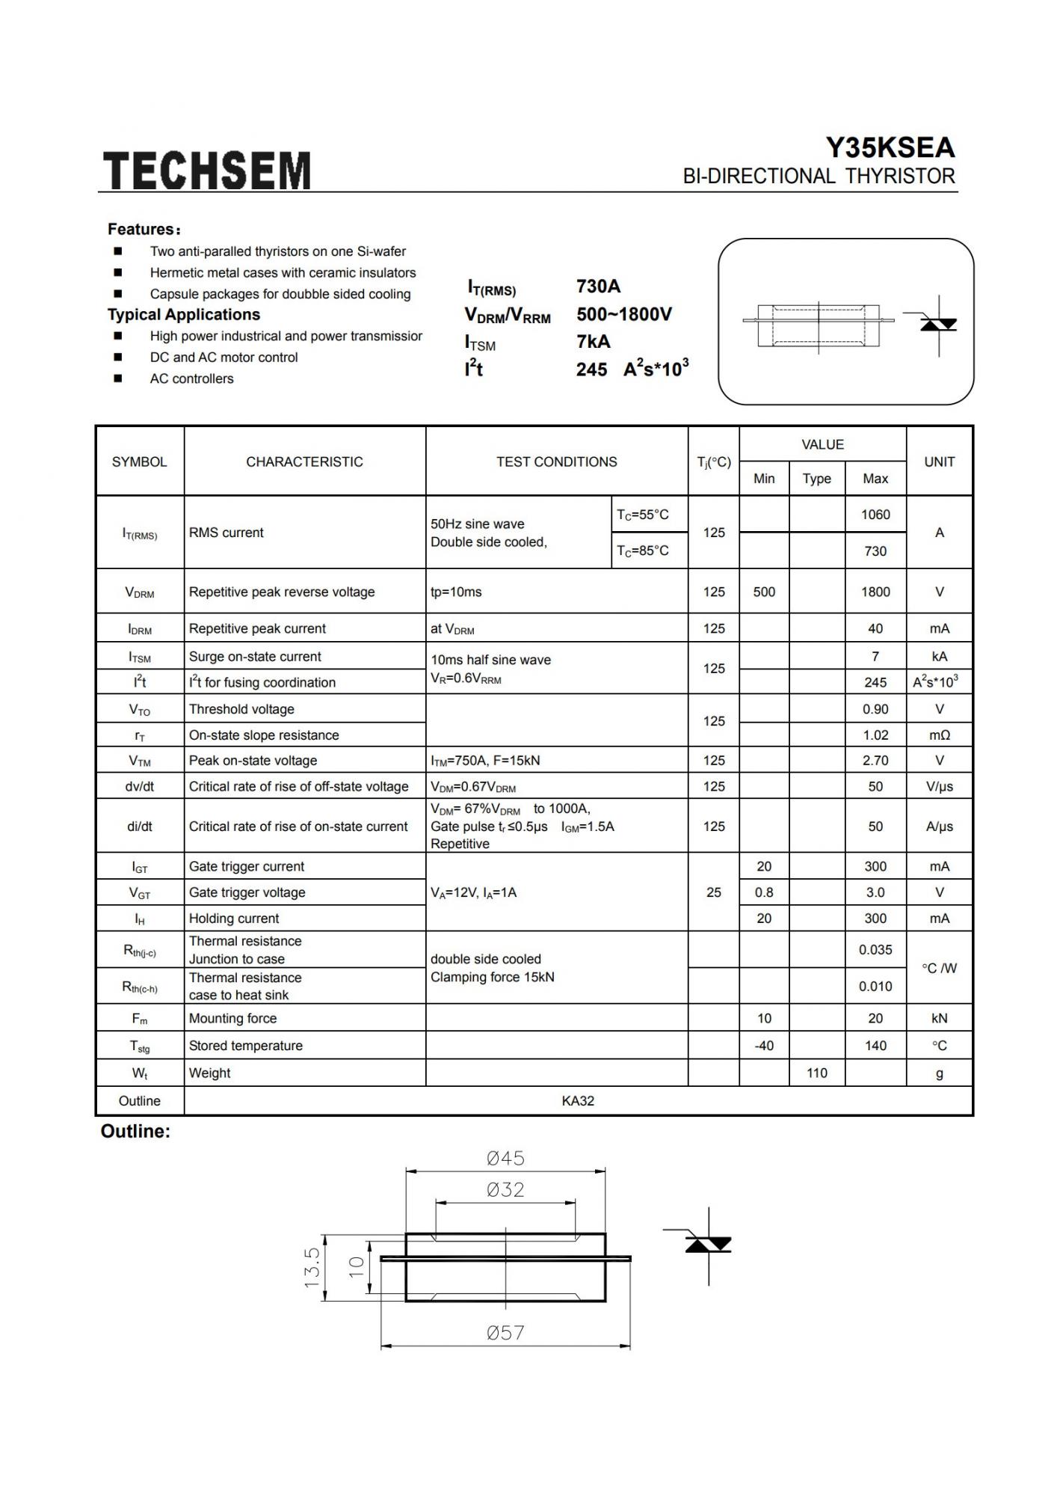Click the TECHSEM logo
pyautogui.click(x=206, y=170)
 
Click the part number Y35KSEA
pyautogui.click(x=890, y=147)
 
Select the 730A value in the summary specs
pyautogui.click(x=598, y=286)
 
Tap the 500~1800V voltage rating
pyautogui.click(x=623, y=314)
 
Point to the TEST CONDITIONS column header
pyautogui.click(x=556, y=462)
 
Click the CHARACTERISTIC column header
pyautogui.click(x=304, y=462)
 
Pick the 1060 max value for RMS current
pyautogui.click(x=875, y=515)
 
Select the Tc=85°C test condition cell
pyautogui.click(x=642, y=551)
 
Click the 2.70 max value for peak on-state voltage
pyautogui.click(x=875, y=760)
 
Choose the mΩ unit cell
pyautogui.click(x=939, y=735)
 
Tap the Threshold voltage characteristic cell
pyautogui.click(x=241, y=709)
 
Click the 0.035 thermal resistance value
pyautogui.click(x=875, y=950)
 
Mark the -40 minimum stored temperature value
pyautogui.click(x=763, y=1046)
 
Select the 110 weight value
pyautogui.click(x=816, y=1073)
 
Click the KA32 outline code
pyautogui.click(x=578, y=1101)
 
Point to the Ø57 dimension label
pyautogui.click(x=505, y=1332)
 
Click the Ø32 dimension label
pyautogui.click(x=505, y=1189)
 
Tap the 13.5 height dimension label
pyautogui.click(x=312, y=1267)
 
